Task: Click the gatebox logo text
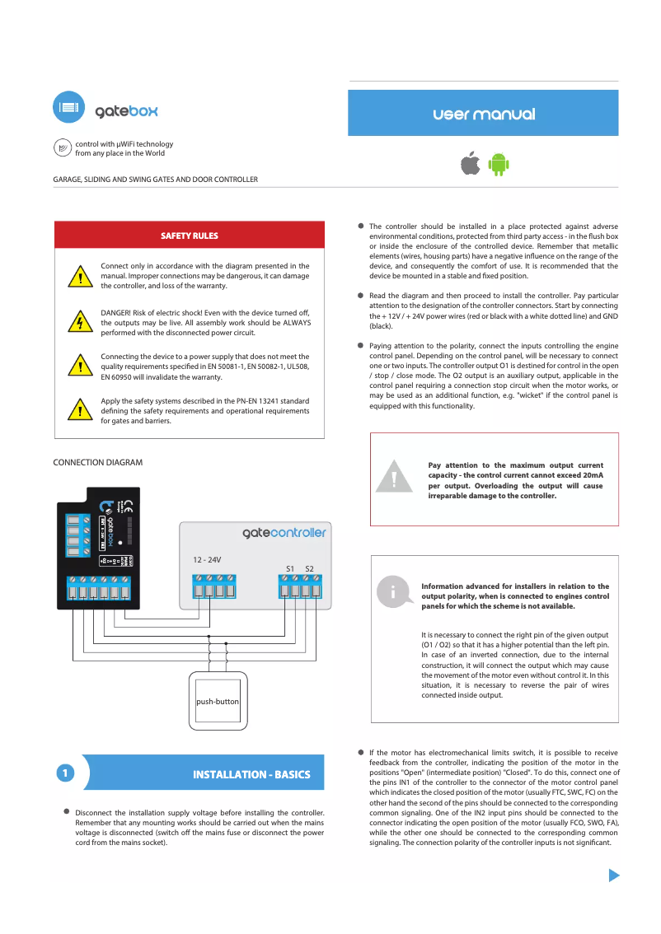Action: coord(126,110)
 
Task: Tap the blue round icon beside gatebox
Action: coord(69,108)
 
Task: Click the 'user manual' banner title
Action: coord(483,114)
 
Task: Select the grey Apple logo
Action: coord(470,164)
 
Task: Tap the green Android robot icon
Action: coord(498,164)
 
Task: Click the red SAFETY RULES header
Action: coord(189,236)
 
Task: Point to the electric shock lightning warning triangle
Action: coord(79,322)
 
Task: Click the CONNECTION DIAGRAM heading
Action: coord(97,463)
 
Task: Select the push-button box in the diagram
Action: coord(218,702)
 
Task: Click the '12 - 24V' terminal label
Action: coord(207,559)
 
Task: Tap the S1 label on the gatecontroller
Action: coord(290,568)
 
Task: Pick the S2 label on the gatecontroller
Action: coord(309,568)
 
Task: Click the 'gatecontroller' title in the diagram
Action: coord(284,533)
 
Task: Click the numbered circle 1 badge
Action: coord(65,773)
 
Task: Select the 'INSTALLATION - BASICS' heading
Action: coord(251,774)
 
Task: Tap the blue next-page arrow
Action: coord(613,875)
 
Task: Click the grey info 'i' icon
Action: coord(393,591)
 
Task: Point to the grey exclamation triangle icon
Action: coord(395,478)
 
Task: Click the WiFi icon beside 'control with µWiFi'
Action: coord(62,147)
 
